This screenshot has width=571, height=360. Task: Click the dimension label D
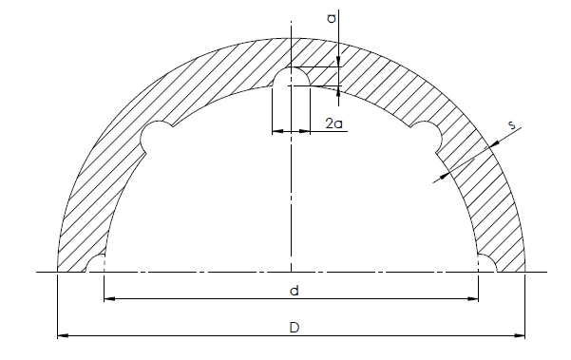[295, 328]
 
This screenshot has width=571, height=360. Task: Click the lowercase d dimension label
[295, 291]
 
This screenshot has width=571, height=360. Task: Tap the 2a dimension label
[333, 123]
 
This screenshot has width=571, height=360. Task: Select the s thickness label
[512, 124]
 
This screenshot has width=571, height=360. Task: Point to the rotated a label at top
[332, 18]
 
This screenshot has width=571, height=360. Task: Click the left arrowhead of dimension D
[63, 335]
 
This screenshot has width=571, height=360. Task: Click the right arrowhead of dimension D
[520, 335]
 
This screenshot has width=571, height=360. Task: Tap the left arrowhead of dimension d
[109, 299]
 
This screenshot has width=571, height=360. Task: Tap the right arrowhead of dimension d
[473, 299]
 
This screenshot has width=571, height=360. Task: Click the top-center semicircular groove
[292, 68]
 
